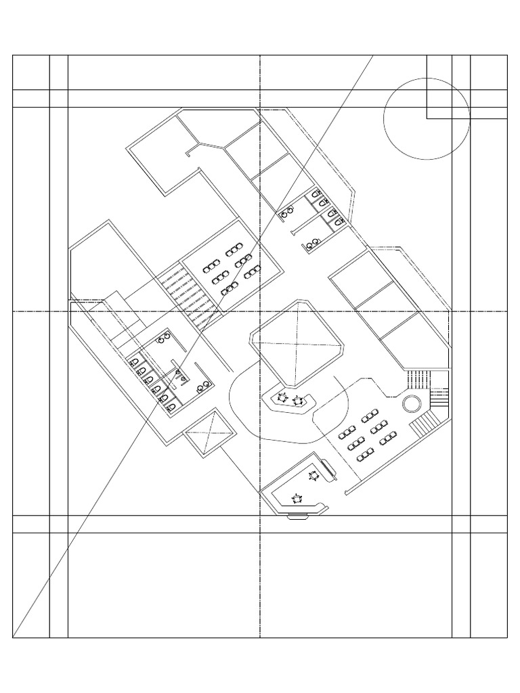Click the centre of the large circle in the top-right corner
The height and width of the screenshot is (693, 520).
pyautogui.click(x=427, y=118)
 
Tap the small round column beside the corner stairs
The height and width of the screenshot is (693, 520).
pyautogui.click(x=411, y=404)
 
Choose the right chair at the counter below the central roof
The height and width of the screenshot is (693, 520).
pyautogui.click(x=297, y=401)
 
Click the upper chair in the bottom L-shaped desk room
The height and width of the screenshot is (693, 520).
pyautogui.click(x=313, y=476)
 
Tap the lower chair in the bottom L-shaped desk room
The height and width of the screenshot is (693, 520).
pyautogui.click(x=297, y=499)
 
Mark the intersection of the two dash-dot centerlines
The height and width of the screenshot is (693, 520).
pyautogui.click(x=260, y=311)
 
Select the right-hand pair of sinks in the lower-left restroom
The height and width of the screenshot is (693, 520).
pyautogui.click(x=202, y=387)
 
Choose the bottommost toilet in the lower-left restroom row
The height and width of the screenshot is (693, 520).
pyautogui.click(x=170, y=405)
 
